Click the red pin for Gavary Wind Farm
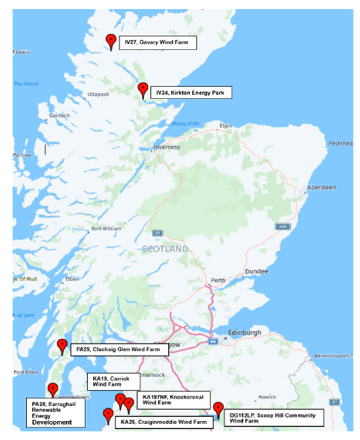point(111,42)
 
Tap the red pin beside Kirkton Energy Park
point(142,90)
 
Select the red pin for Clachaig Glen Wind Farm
point(63,345)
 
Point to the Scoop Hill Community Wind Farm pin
point(218,410)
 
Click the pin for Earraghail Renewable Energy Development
point(53,390)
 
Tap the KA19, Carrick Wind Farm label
point(113,381)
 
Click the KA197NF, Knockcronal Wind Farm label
point(173,399)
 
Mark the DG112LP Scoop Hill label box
point(274,417)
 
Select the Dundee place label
point(257,271)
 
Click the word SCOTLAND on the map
point(165,249)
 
